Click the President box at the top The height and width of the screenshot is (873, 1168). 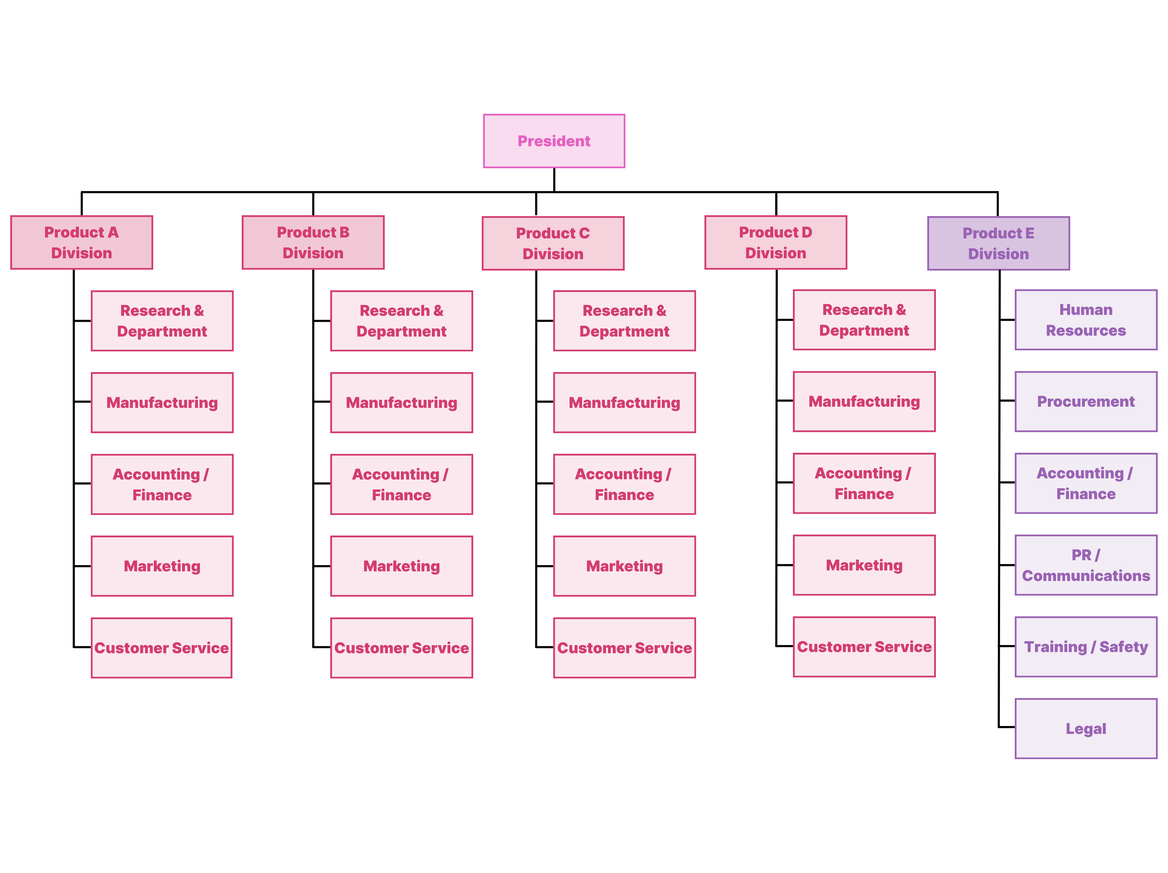click(x=554, y=141)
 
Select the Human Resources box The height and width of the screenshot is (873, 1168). click(x=1086, y=320)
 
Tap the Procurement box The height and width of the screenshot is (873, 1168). click(x=1086, y=401)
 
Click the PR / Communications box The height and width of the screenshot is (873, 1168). click(x=1086, y=565)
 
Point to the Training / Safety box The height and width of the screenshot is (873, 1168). click(x=1086, y=647)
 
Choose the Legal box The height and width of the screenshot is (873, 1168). click(x=1086, y=729)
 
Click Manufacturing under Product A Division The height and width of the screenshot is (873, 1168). click(x=162, y=402)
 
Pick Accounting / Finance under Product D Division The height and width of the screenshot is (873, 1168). click(x=864, y=483)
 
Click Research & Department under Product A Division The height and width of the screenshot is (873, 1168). click(x=162, y=321)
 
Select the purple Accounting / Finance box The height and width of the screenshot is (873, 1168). click(x=1086, y=483)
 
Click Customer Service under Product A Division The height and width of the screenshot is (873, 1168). click(x=162, y=648)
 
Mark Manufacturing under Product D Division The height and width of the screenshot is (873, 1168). click(x=864, y=401)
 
